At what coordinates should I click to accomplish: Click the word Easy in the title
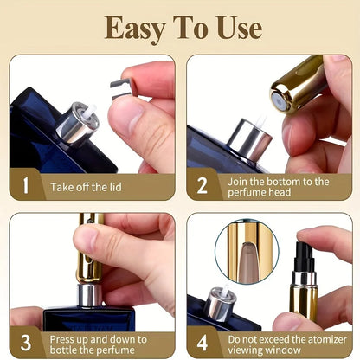[135, 28]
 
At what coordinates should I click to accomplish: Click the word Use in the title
[233, 28]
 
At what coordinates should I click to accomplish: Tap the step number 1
[25, 184]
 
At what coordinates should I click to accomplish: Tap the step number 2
[202, 184]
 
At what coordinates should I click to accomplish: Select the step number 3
[25, 343]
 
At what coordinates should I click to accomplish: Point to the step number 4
[202, 343]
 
